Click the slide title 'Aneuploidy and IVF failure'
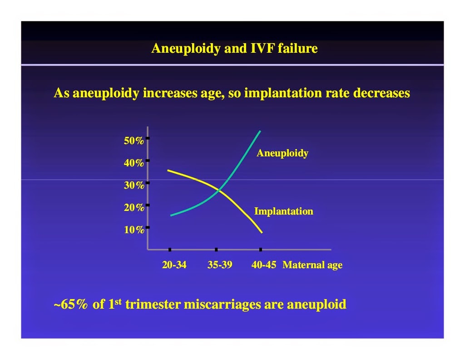(x=234, y=48)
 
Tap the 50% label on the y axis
(x=134, y=140)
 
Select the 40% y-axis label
(x=134, y=163)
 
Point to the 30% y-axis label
(x=134, y=185)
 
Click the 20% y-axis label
(x=134, y=207)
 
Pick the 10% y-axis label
(x=134, y=230)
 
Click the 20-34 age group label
(x=174, y=265)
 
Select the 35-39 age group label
(x=220, y=265)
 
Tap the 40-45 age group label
(x=264, y=265)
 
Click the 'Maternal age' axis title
(x=312, y=265)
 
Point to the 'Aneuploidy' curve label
(x=282, y=153)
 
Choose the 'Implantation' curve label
(x=283, y=211)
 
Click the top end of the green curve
(x=260, y=131)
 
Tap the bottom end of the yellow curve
(x=262, y=232)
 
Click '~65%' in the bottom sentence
(x=70, y=304)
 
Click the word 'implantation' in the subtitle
(x=283, y=93)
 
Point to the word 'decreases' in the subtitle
(x=381, y=93)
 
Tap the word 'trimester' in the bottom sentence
(x=153, y=305)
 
